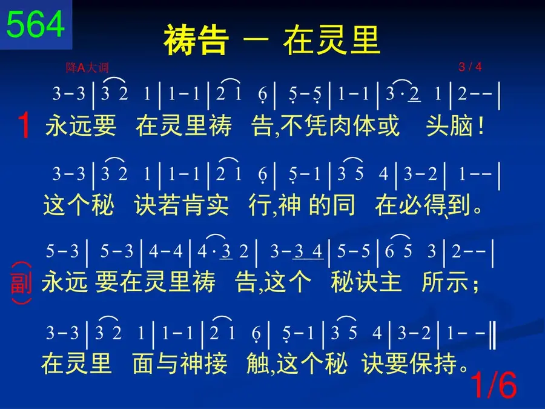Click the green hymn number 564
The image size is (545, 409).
click(x=36, y=24)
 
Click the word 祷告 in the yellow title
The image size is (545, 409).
click(x=196, y=40)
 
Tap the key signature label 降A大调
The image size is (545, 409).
click(x=87, y=67)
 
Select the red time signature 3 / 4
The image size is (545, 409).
click(x=470, y=67)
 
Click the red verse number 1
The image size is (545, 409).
click(x=24, y=125)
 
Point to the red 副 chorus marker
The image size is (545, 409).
click(x=21, y=283)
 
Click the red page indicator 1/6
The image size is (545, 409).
click(x=494, y=385)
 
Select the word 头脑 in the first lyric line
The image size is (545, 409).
click(x=449, y=125)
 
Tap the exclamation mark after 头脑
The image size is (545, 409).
click(x=481, y=125)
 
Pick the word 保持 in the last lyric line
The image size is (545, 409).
click(x=434, y=364)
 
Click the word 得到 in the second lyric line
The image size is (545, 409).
click(x=448, y=205)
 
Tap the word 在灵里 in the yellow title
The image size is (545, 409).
click(x=331, y=40)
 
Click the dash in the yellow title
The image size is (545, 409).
click(x=256, y=39)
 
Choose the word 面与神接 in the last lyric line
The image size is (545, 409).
click(x=180, y=364)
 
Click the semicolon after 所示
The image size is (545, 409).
click(x=475, y=285)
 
